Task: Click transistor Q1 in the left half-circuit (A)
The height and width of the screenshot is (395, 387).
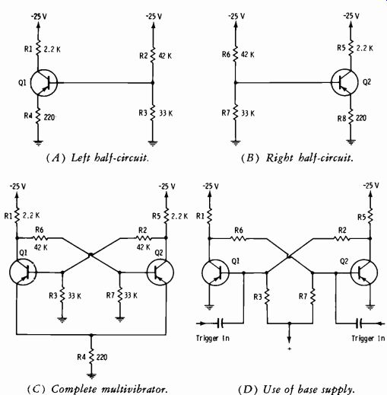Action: click(44, 83)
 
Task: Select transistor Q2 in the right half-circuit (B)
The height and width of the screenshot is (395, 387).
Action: click(344, 82)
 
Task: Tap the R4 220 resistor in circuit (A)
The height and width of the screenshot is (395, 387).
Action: click(38, 116)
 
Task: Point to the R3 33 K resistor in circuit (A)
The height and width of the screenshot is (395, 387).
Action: click(153, 113)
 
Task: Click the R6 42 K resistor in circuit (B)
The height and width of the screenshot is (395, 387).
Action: click(235, 54)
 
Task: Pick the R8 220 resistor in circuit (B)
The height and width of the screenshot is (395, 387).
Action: click(351, 118)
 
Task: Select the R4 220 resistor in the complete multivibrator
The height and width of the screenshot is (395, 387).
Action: click(92, 357)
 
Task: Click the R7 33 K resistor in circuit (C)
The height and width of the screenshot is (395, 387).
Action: click(120, 295)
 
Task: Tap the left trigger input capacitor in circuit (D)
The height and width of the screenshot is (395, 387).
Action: click(220, 323)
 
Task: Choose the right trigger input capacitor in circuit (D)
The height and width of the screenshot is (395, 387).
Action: click(360, 323)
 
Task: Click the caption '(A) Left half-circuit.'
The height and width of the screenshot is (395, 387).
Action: click(97, 158)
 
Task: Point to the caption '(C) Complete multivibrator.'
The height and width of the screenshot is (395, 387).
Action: click(97, 389)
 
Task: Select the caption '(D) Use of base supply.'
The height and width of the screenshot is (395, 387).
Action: click(297, 389)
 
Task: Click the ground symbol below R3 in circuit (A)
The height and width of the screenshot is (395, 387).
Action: click(153, 143)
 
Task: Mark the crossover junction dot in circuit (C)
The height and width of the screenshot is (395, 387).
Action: click(90, 254)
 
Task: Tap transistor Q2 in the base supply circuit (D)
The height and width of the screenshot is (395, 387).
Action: click(364, 272)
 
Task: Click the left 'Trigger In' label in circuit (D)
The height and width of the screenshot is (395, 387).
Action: click(213, 338)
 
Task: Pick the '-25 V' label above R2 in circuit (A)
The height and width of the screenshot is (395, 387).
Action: click(154, 17)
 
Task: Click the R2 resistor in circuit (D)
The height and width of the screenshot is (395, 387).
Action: click(342, 238)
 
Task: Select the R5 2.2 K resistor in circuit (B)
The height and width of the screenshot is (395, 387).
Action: click(351, 47)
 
